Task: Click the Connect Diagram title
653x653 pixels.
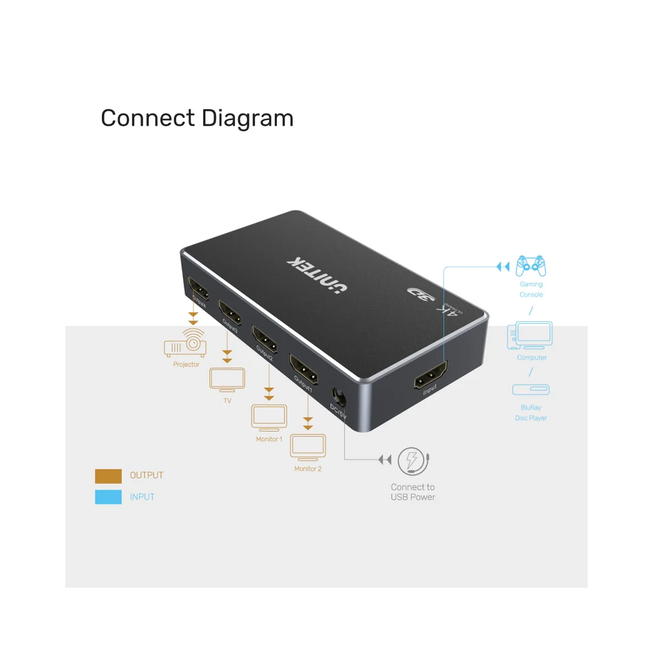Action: point(197,118)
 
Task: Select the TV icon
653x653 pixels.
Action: point(227,380)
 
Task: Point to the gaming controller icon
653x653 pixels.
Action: point(531,265)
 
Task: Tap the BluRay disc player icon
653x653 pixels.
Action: point(530,390)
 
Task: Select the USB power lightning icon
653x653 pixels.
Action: point(413,460)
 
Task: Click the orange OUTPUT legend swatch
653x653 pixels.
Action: point(108,475)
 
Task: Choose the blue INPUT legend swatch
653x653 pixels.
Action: point(108,497)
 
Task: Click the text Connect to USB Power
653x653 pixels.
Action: point(413,492)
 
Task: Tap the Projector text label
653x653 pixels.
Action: point(186,364)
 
